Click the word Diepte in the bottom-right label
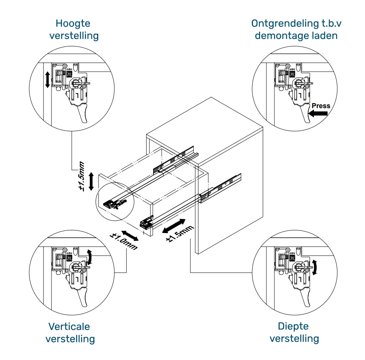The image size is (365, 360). (294, 326)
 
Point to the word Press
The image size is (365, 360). (320, 105)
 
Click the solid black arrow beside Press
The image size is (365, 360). (318, 113)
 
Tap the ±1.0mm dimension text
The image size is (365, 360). (124, 242)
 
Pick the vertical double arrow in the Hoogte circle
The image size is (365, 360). (47, 79)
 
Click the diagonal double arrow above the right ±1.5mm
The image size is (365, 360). (173, 226)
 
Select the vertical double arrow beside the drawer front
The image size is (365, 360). (91, 181)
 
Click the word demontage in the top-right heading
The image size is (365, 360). (279, 36)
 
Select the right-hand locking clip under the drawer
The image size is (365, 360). (147, 223)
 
